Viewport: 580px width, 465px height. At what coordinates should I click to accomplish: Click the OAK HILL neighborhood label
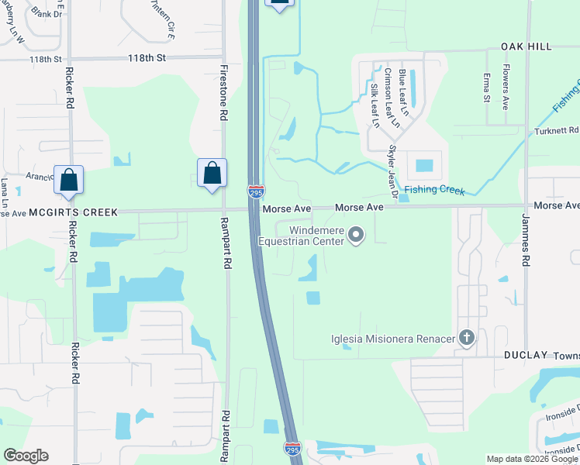point(526,46)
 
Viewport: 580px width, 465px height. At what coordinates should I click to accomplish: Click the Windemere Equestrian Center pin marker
point(356,234)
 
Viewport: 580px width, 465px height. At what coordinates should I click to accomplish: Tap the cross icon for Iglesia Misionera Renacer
point(466,338)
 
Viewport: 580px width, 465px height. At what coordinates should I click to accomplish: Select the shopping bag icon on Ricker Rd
point(69,180)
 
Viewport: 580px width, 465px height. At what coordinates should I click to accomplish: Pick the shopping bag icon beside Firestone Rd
point(212,174)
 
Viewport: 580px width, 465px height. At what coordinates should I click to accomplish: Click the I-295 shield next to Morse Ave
point(256,191)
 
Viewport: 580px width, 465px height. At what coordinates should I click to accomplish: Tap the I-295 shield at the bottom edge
point(292,449)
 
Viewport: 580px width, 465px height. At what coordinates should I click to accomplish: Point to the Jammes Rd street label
point(525,248)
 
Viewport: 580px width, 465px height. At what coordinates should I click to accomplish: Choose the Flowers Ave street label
point(504,91)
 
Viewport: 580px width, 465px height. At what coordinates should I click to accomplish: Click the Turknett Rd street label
point(558,131)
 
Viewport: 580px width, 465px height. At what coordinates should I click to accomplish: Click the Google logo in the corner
point(26,456)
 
